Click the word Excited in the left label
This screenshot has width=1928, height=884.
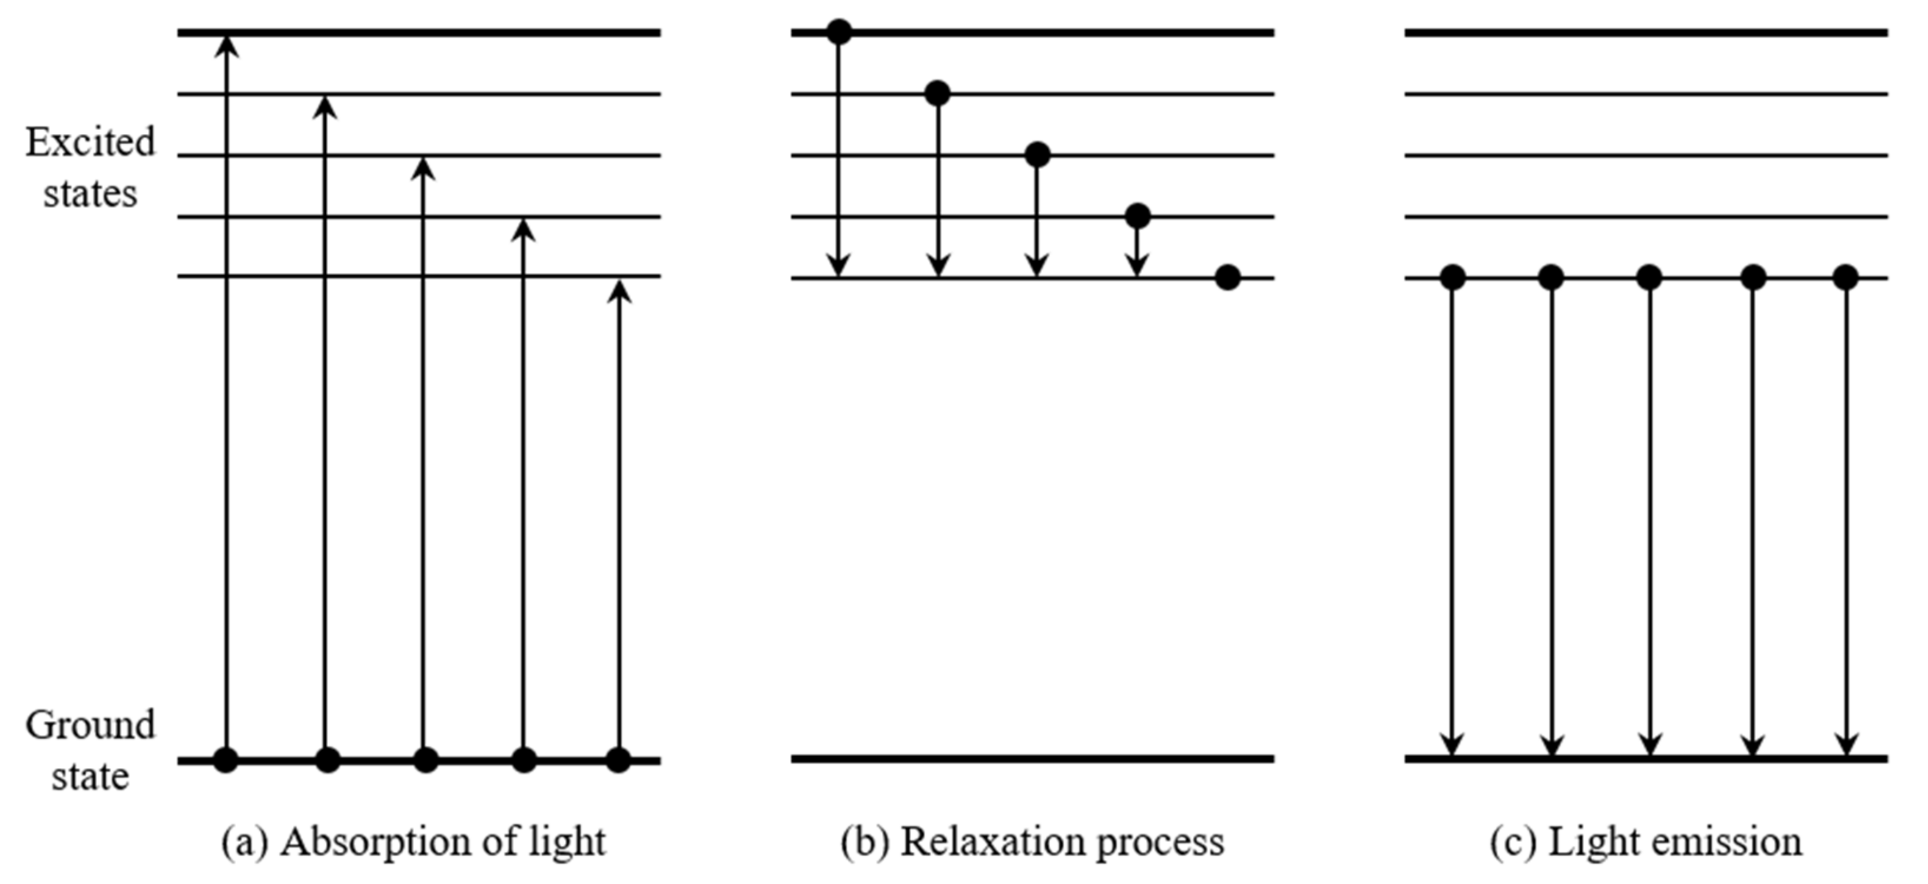pyautogui.click(x=90, y=142)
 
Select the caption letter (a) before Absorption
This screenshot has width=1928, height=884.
pyautogui.click(x=244, y=842)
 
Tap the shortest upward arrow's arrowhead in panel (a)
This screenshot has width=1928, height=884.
pyautogui.click(x=619, y=292)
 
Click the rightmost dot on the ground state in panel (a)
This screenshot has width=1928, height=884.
pyautogui.click(x=618, y=760)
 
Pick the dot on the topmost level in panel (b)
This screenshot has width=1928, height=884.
pyautogui.click(x=838, y=32)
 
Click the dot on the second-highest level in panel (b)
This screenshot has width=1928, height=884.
pyautogui.click(x=938, y=94)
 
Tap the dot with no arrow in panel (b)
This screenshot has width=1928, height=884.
pyautogui.click(x=1228, y=278)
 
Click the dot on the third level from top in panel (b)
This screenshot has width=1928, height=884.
pyautogui.click(x=1037, y=155)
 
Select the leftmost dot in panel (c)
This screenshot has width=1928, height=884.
pyautogui.click(x=1452, y=278)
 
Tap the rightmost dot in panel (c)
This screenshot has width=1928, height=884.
pyautogui.click(x=1846, y=278)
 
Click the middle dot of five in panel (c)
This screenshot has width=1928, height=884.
pyautogui.click(x=1649, y=278)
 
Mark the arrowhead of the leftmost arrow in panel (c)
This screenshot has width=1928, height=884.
pyautogui.click(x=1452, y=745)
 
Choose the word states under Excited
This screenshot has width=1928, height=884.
pyautogui.click(x=90, y=194)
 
